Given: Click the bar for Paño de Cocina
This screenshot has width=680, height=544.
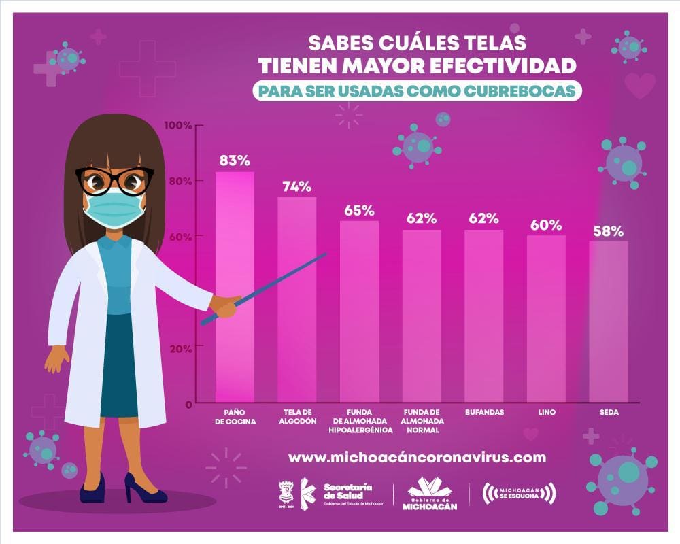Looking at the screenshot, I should coord(235,286).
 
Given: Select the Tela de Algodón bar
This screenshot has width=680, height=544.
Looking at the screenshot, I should coord(296,299).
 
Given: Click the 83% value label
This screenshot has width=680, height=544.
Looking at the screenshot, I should coord(235,161).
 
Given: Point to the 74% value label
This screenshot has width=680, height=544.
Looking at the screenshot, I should coord(296,186).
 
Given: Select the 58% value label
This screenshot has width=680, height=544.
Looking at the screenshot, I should coord(608,231).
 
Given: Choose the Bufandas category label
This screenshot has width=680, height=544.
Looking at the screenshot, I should coord(484,412).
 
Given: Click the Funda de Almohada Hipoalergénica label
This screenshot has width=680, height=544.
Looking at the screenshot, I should coord(360,421).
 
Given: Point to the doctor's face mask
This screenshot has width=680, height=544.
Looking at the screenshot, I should coord(114,208).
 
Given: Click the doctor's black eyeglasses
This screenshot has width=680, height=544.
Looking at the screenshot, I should coord(114,181).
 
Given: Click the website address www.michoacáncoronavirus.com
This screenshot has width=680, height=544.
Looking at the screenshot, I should coord(417,457).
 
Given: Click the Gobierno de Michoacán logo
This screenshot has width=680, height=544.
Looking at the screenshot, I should coord(430,493).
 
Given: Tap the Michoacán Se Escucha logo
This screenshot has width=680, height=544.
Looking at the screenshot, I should coord(519,493).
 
